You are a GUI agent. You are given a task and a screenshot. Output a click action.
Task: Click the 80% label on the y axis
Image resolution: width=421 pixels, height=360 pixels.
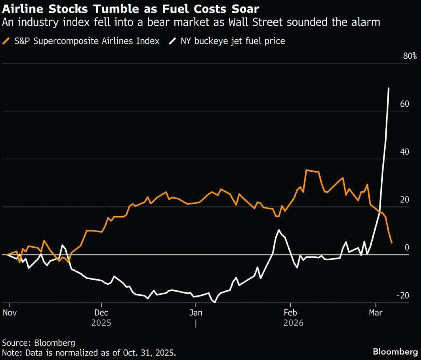click(x=409, y=56)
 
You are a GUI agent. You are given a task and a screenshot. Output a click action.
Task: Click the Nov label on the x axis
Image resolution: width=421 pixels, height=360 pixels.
click(x=10, y=312)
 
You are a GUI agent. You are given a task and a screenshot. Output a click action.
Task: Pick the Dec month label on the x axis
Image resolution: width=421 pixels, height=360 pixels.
click(x=101, y=312)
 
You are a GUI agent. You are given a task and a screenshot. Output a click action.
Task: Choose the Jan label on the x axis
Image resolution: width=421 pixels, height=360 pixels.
click(x=196, y=312)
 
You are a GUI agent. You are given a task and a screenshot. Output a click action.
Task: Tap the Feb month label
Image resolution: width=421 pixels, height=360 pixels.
click(x=290, y=312)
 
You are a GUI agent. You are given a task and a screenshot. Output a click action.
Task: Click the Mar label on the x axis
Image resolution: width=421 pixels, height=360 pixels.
click(x=376, y=312)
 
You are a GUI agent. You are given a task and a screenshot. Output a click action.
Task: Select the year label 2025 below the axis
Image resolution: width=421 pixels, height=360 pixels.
click(x=101, y=322)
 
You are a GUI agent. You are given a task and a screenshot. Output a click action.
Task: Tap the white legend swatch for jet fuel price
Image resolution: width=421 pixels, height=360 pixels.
click(x=173, y=41)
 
